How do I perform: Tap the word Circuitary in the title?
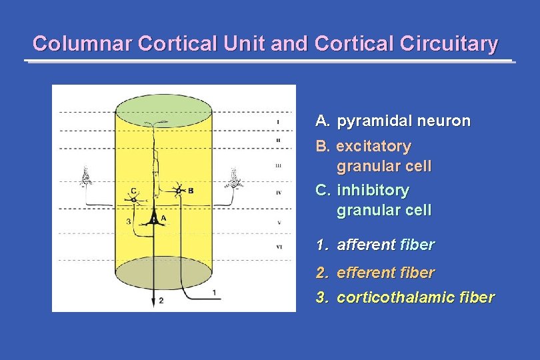(455, 44)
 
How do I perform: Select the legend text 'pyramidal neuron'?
(403, 121)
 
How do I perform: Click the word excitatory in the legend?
(373, 146)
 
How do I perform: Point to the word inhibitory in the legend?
(373, 191)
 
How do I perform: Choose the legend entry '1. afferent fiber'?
(375, 245)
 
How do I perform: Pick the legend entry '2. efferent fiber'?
(375, 273)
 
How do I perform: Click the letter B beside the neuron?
(191, 191)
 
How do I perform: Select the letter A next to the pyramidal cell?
(164, 219)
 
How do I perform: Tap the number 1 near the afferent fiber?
(213, 292)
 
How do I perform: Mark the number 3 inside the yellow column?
(128, 221)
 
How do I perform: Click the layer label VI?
(278, 247)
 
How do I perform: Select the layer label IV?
(278, 193)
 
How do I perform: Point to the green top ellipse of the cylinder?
(163, 107)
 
